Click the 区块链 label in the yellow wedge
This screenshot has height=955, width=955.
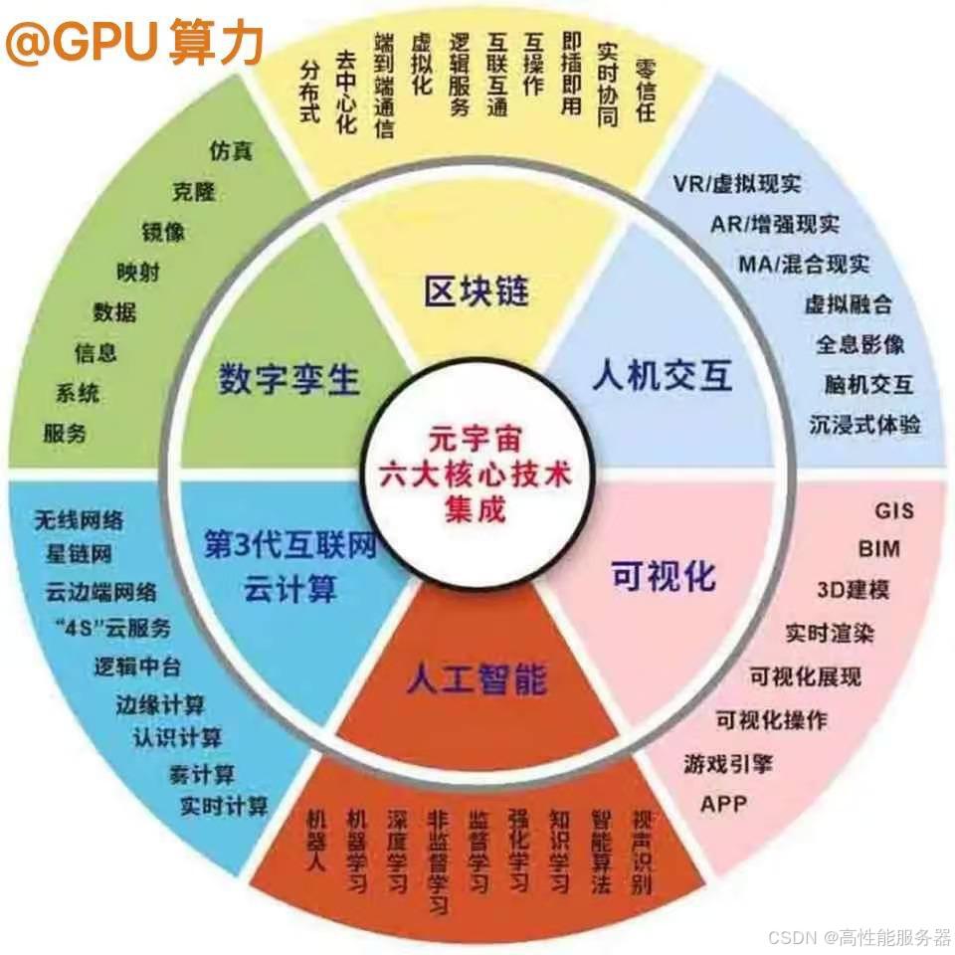(477, 290)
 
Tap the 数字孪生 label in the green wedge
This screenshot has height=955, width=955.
(289, 379)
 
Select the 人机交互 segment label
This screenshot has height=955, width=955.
(662, 376)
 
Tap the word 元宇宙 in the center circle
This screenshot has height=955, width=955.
(477, 436)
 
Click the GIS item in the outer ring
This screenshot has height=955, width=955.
(894, 510)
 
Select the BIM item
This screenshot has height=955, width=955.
(880, 549)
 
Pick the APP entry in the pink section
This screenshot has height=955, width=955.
(723, 802)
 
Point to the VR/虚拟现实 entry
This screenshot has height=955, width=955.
(737, 184)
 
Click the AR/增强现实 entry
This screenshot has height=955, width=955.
(775, 224)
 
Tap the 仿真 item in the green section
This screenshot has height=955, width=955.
(231, 151)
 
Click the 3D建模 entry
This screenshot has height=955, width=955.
(853, 589)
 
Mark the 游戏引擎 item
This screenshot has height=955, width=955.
(728, 764)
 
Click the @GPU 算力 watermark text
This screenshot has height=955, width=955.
(134, 42)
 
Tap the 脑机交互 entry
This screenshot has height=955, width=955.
(867, 384)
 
